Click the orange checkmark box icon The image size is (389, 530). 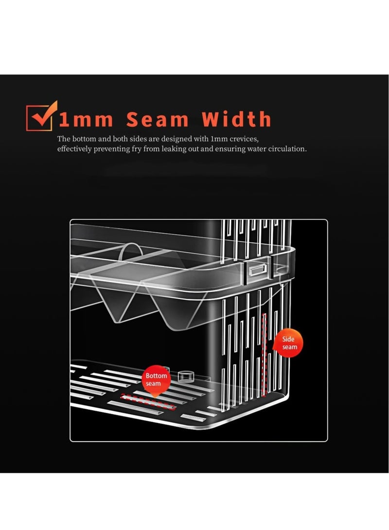[x=41, y=116]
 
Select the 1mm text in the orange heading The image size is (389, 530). [x=86, y=120]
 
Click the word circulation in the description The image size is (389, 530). [x=286, y=149]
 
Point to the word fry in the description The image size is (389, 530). [x=147, y=149]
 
